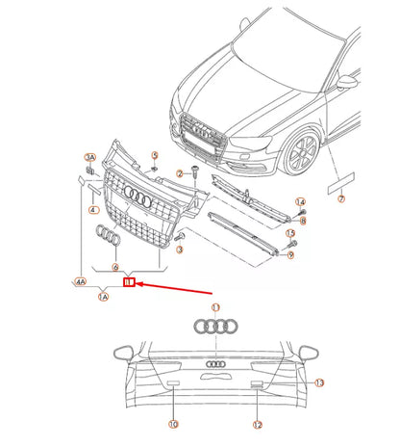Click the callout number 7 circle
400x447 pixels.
point(340,199)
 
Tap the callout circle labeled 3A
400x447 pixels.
point(90,156)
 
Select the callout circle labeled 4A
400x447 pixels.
point(79,282)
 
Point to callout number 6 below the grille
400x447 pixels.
point(115,267)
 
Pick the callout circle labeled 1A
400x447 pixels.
point(103,298)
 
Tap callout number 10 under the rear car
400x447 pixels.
point(173,424)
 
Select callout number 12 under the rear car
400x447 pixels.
point(258,424)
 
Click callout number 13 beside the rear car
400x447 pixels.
point(320,382)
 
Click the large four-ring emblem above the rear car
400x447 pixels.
point(215,326)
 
